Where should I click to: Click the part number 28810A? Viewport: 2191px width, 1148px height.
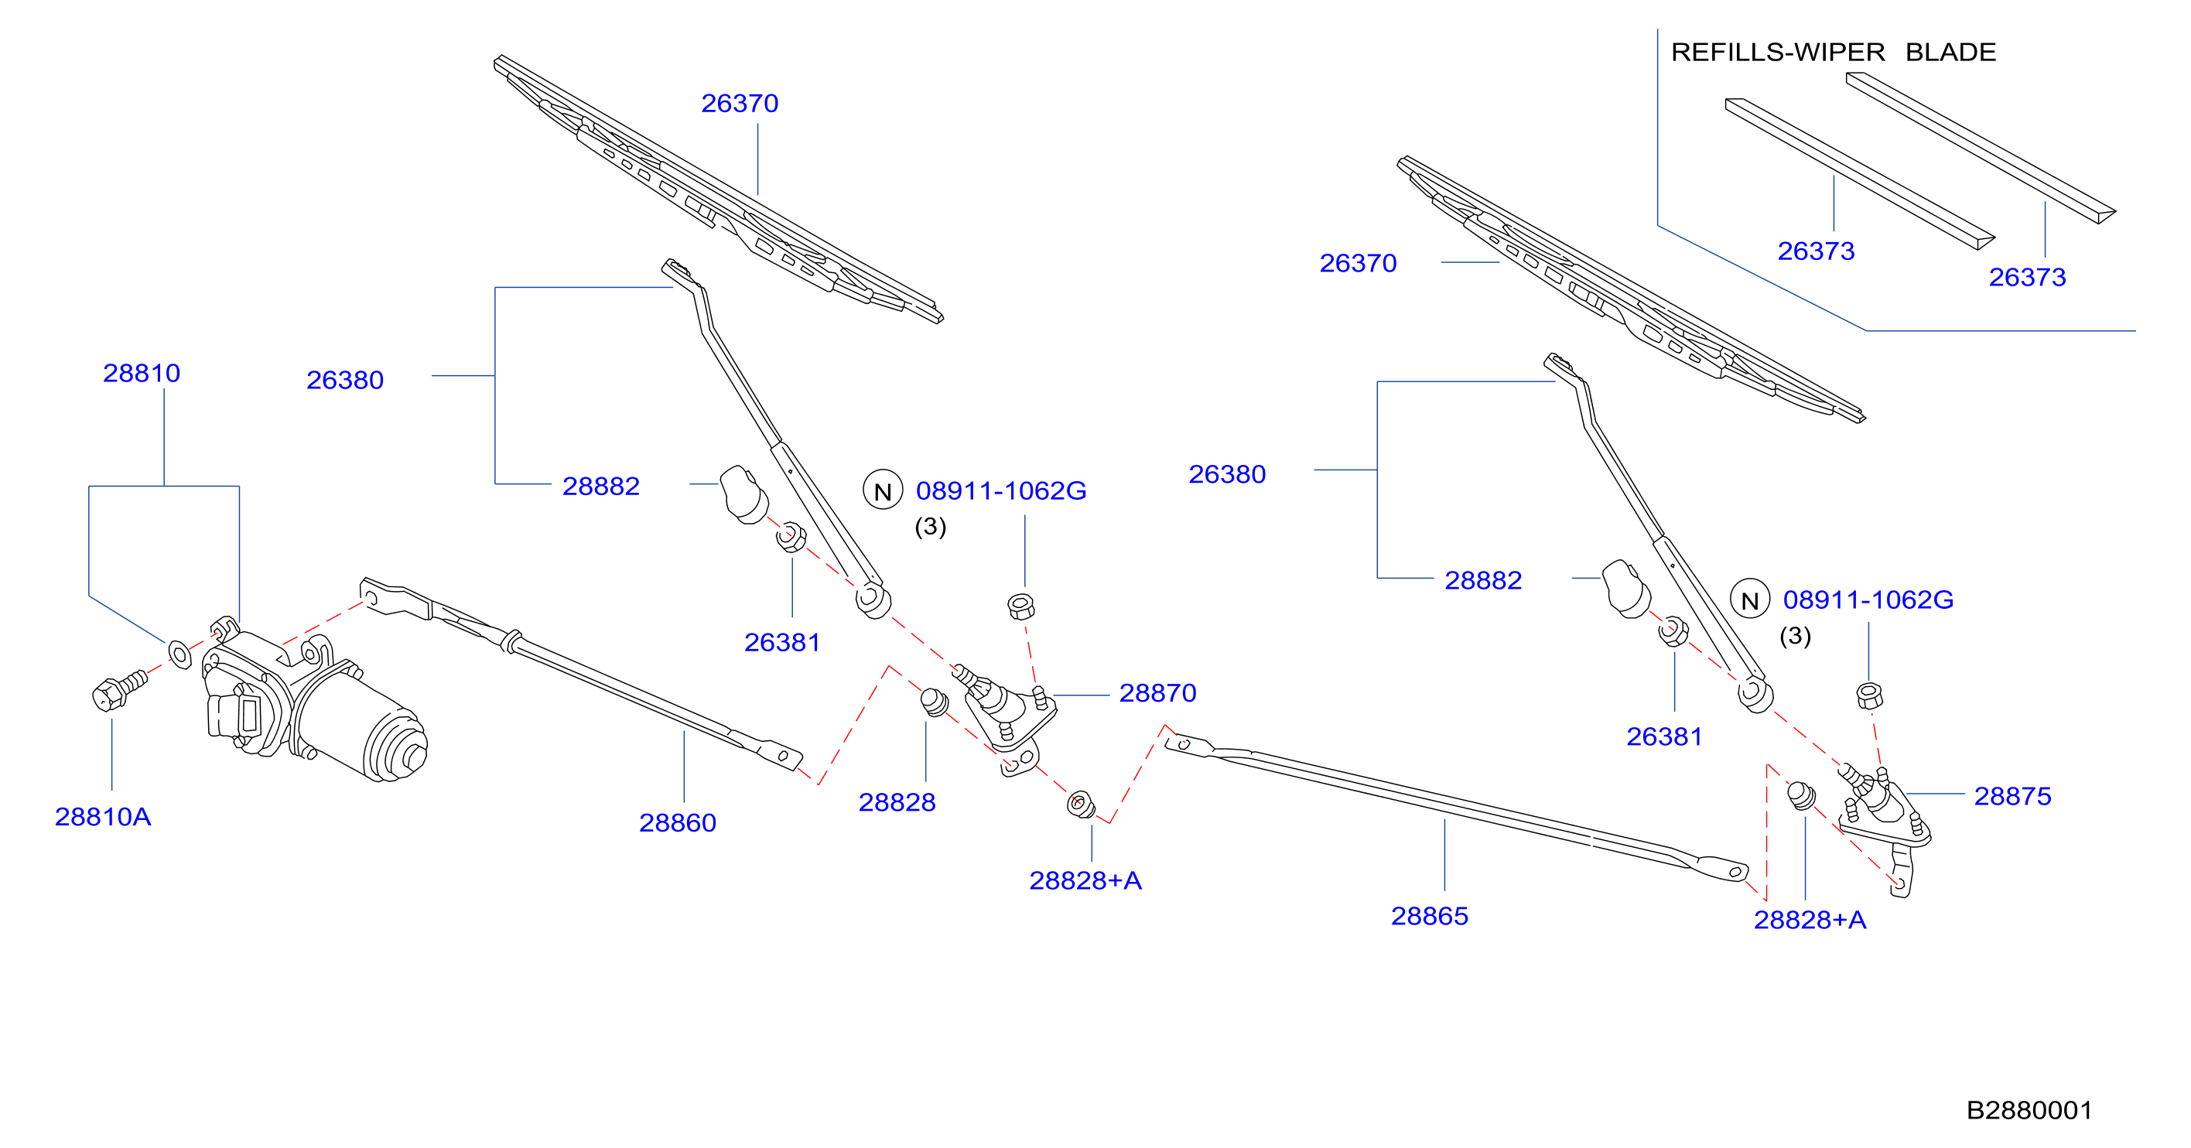[x=103, y=816]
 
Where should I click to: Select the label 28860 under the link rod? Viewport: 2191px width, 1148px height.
[x=677, y=822]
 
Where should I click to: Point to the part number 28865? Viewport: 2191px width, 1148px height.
[x=1429, y=916]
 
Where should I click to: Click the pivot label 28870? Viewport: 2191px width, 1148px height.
[x=1157, y=693]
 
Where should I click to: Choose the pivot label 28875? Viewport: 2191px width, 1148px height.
[x=2012, y=796]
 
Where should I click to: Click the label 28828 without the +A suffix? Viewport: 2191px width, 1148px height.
[x=897, y=802]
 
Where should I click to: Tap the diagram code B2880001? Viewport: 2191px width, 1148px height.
[x=2029, y=1110]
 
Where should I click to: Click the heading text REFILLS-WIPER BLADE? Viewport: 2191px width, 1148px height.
[x=1833, y=52]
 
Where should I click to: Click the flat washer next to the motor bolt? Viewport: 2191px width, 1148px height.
[x=180, y=654]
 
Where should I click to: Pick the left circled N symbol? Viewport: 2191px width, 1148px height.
[x=883, y=490]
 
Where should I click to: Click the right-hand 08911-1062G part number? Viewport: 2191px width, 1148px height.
[x=1868, y=600]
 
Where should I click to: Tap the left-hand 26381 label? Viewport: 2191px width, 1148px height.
[x=781, y=642]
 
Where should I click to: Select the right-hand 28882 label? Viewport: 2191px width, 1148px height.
[x=1482, y=580]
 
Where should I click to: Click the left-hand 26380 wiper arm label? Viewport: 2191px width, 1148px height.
[x=344, y=379]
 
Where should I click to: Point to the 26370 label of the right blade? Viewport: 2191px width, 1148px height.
[x=1358, y=263]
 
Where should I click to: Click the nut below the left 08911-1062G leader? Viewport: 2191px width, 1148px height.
[x=1020, y=606]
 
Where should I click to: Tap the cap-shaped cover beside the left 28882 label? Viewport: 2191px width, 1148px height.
[x=743, y=494]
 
